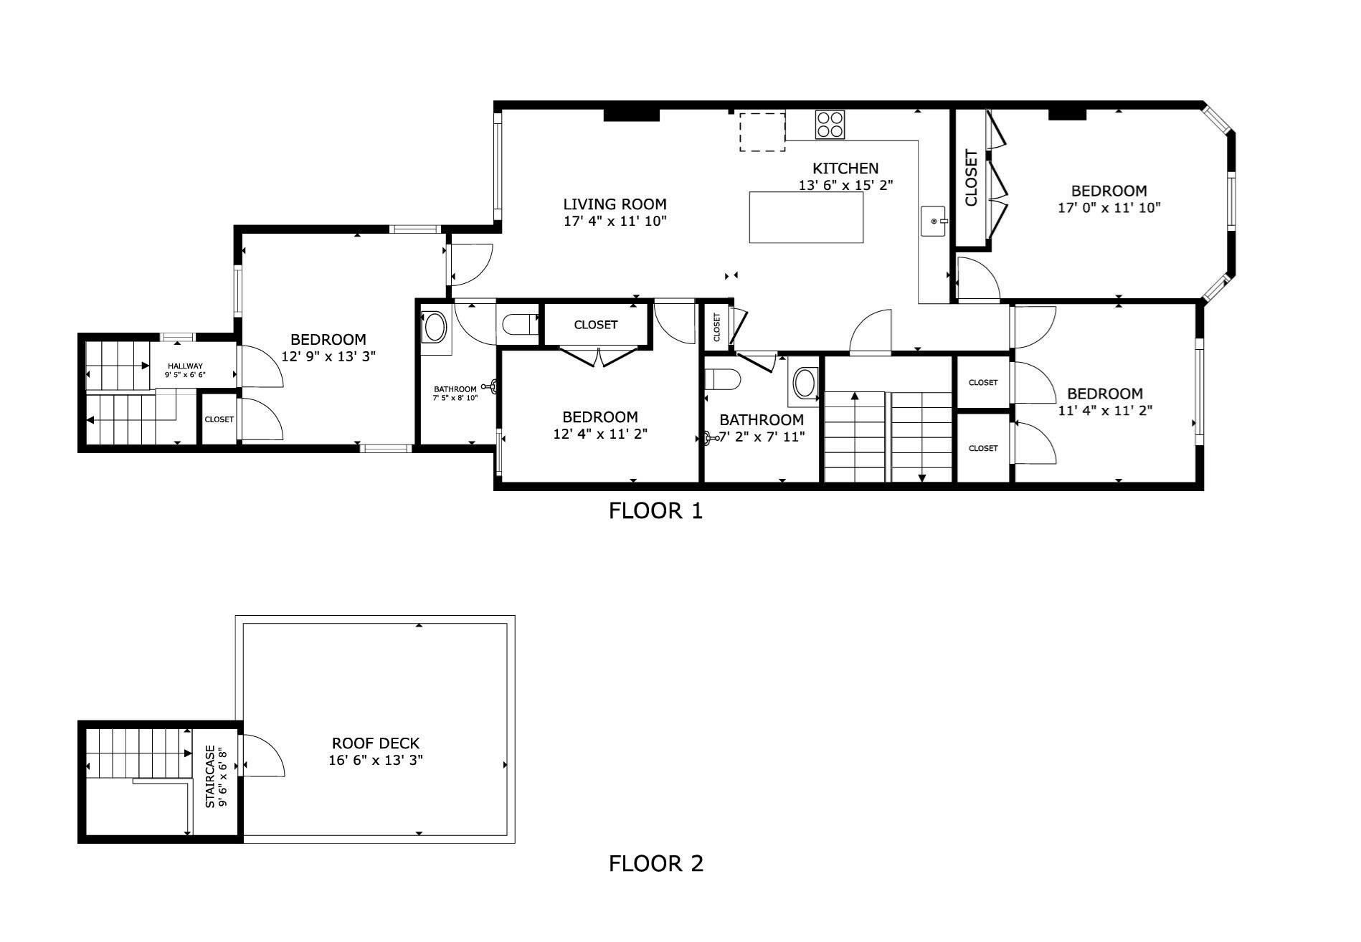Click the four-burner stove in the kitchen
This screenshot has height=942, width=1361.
(x=830, y=124)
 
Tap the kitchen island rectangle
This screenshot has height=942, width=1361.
(x=806, y=217)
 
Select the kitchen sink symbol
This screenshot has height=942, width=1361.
(x=934, y=221)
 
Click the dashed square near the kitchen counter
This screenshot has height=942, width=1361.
(x=762, y=132)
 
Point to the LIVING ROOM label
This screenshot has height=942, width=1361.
(x=615, y=204)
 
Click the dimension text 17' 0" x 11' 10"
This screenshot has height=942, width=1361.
(x=1109, y=208)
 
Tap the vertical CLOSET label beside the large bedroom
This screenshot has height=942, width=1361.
(x=972, y=177)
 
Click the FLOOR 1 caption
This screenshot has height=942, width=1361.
(x=655, y=511)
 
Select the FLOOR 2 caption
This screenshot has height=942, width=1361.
(x=655, y=864)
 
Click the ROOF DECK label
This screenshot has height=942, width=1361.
(x=375, y=743)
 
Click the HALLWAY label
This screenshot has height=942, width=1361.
(x=185, y=366)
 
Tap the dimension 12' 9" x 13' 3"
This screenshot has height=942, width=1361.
(x=328, y=356)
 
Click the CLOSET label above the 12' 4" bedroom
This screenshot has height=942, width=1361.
(x=595, y=325)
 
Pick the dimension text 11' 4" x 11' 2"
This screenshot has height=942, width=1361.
(x=1104, y=411)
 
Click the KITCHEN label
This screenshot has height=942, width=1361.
(x=845, y=168)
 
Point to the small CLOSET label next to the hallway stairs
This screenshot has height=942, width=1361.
(x=219, y=419)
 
